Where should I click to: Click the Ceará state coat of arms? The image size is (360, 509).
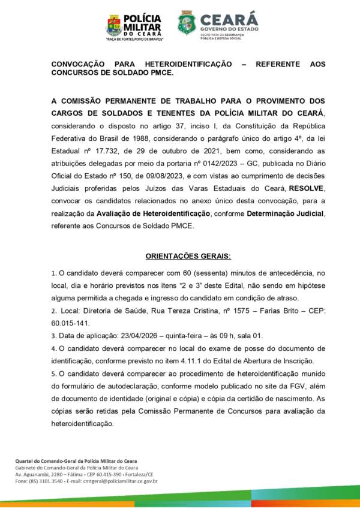pyautogui.click(x=187, y=23)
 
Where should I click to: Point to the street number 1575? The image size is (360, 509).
pyautogui.click(x=230, y=311)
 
